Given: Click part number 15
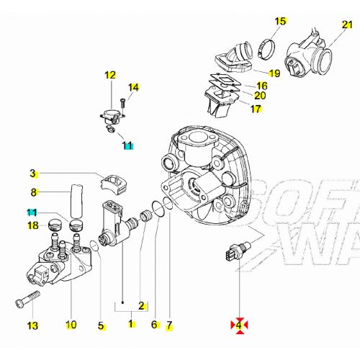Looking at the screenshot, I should [280, 20].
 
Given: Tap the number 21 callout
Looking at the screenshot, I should [347, 25].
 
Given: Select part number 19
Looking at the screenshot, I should [274, 73].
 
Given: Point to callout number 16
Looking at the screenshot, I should [261, 86].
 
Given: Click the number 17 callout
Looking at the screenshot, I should [256, 109].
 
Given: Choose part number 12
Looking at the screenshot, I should [110, 74].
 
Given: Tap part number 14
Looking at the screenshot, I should [132, 87].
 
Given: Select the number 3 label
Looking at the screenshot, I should [32, 173].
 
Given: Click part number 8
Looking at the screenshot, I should [33, 192].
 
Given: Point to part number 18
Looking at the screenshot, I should [32, 226].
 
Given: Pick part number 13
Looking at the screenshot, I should [32, 325].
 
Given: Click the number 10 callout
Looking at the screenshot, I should [71, 325].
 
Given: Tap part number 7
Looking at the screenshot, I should [170, 325].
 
